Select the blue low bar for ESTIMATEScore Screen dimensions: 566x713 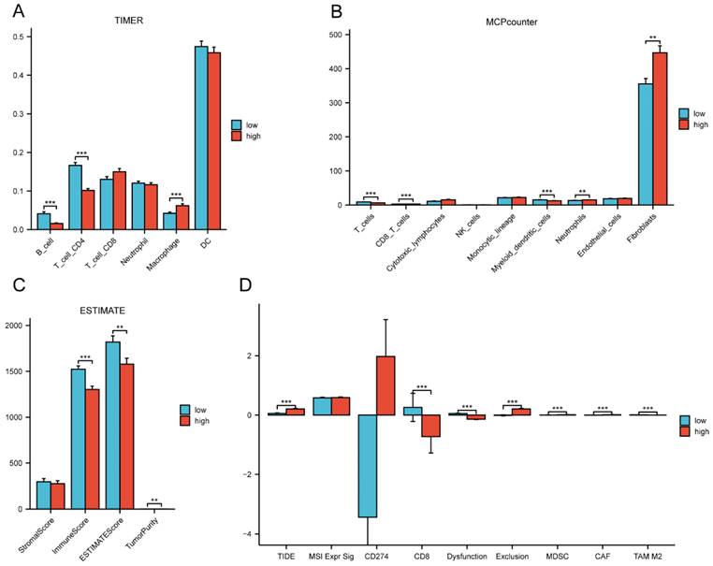point(112,425)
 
